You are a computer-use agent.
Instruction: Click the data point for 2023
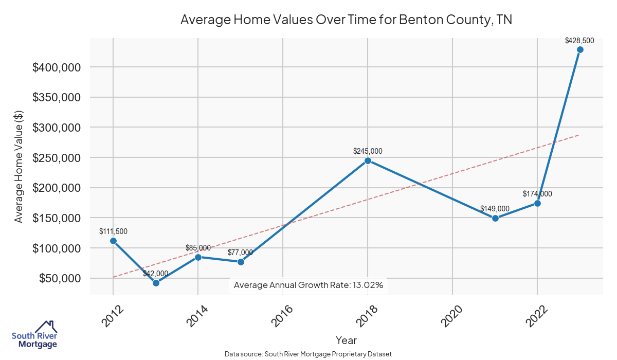tap(580, 50)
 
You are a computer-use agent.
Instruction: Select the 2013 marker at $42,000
tap(156, 283)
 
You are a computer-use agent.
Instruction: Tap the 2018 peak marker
tap(368, 160)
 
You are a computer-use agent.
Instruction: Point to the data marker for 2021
tap(495, 218)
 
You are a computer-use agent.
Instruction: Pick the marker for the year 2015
tap(241, 262)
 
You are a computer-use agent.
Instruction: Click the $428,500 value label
tap(579, 40)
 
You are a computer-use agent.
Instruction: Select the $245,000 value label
tap(368, 151)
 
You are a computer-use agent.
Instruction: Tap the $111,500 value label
tap(113, 231)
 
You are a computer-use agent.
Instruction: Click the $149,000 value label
tap(495, 209)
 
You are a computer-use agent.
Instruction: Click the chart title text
tap(346, 20)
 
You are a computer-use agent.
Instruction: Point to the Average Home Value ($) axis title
tap(19, 166)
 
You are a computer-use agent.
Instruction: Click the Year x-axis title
tap(346, 340)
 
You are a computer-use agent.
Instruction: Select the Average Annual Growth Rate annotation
tap(308, 285)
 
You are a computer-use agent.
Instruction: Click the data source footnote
tap(308, 354)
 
